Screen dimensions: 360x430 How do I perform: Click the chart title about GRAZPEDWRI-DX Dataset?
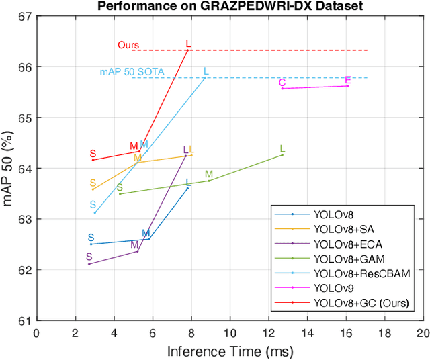click(230, 6)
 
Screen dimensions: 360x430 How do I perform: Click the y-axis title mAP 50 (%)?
click(9, 169)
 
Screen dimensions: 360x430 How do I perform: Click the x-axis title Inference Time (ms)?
click(230, 351)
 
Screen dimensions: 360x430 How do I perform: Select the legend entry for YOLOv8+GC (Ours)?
click(361, 303)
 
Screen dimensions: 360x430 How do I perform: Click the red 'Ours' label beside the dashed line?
click(128, 45)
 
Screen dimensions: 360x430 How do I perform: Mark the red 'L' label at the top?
click(188, 44)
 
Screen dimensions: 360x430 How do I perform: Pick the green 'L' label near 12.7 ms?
click(282, 149)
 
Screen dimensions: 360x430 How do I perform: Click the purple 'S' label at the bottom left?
click(89, 257)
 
